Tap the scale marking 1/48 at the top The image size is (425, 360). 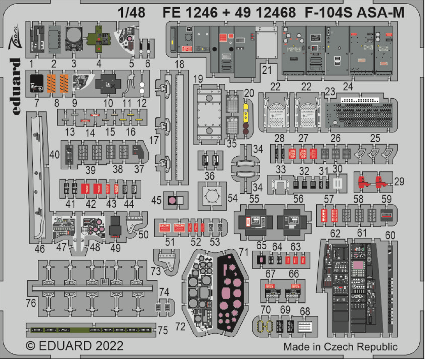tap(131, 13)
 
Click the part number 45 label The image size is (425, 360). tap(156, 200)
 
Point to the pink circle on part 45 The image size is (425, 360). tap(171, 201)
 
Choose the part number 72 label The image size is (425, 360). tap(180, 326)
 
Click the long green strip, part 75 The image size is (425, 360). tap(91, 330)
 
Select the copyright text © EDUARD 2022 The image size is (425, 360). tap(75, 346)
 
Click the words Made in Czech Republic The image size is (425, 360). tap(340, 347)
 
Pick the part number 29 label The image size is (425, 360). tap(399, 181)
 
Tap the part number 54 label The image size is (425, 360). tap(232, 198)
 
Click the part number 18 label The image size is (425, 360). tap(179, 64)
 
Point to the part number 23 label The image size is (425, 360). tap(330, 92)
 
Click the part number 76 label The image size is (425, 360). tap(31, 303)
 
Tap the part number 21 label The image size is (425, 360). tap(266, 69)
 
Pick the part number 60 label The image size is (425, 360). tap(390, 235)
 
